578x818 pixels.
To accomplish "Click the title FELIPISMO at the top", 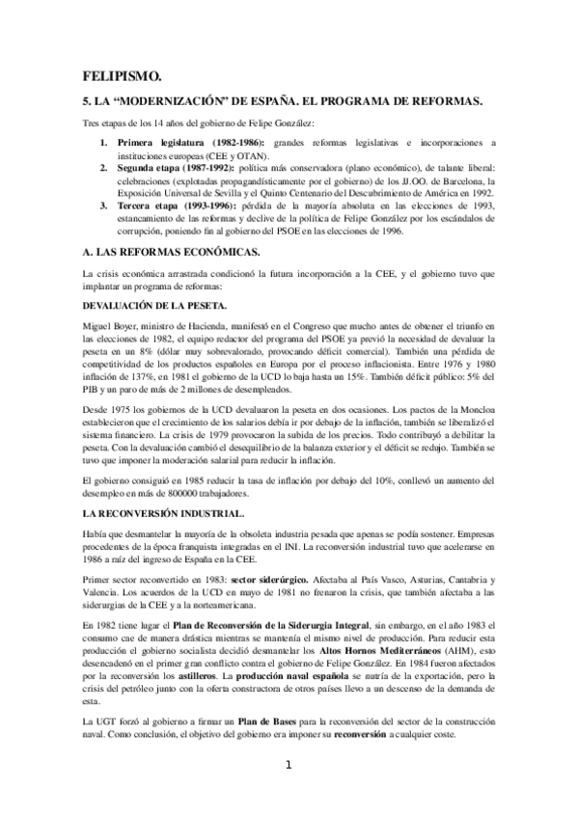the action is tap(121, 76).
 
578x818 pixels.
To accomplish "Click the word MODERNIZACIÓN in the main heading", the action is tap(194, 100).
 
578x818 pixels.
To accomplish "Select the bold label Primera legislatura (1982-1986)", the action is tap(182, 143).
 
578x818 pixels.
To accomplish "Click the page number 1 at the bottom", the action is tap(288, 793).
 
